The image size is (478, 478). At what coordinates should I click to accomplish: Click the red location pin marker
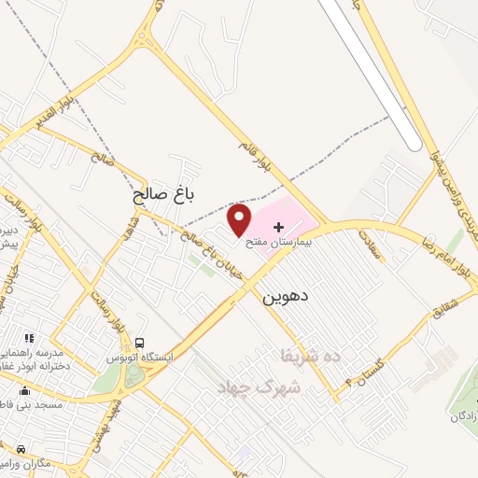[240, 220]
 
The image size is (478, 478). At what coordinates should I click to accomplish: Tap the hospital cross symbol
[279, 227]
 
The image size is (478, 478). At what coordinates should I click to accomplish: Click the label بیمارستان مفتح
[276, 242]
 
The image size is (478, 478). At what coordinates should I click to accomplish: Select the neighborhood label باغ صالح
[164, 195]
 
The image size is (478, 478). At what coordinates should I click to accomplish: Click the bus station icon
[139, 343]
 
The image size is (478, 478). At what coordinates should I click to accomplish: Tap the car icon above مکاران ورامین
[21, 449]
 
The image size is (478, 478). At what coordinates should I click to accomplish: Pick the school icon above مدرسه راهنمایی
[29, 337]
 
